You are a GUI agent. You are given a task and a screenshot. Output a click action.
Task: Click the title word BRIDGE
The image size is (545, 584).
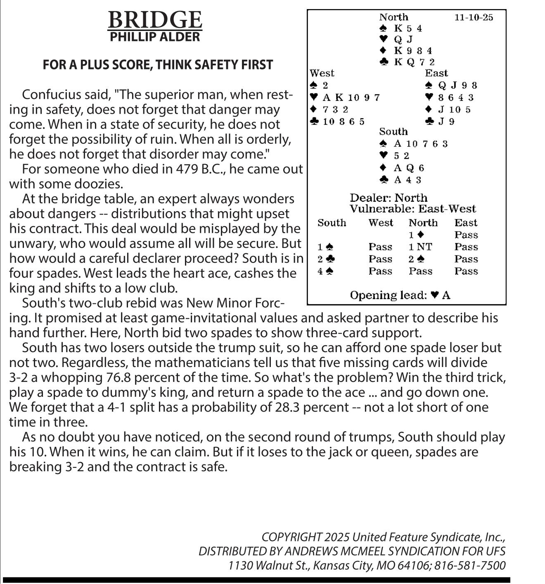(155, 20)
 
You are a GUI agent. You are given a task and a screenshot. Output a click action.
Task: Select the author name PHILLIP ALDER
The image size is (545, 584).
(155, 37)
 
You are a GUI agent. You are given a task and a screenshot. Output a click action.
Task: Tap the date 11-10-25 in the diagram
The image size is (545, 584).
(474, 17)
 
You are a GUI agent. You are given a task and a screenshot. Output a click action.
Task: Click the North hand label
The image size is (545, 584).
(393, 17)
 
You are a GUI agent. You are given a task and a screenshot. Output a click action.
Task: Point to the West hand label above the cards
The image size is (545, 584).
(322, 74)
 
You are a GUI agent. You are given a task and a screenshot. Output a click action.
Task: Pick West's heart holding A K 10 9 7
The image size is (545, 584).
(345, 98)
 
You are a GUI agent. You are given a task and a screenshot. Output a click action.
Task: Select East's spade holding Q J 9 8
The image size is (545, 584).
(451, 86)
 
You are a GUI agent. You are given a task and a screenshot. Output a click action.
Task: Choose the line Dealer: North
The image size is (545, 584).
(389, 198)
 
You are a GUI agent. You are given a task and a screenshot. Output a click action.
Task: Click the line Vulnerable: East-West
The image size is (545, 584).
(412, 209)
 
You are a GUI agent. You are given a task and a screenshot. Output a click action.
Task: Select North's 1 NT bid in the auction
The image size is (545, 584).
(420, 247)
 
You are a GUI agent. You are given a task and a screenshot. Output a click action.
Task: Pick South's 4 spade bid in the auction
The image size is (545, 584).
(325, 271)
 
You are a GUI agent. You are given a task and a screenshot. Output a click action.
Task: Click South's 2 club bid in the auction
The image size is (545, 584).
(326, 259)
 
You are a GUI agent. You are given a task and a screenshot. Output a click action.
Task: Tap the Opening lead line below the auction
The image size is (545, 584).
(400, 295)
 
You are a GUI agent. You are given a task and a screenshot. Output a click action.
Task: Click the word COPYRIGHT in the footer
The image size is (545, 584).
(291, 537)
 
